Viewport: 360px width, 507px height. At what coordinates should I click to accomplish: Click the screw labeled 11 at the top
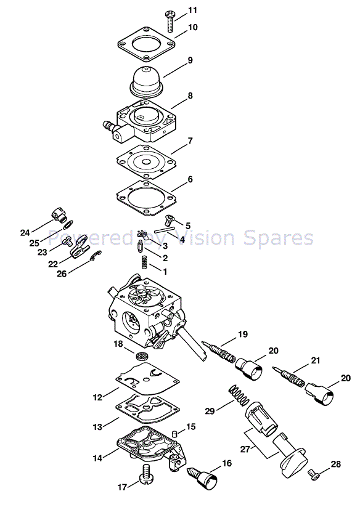pos(170,21)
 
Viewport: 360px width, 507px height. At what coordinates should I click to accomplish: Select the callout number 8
pos(190,95)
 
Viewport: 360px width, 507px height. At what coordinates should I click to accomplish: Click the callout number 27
pos(245,449)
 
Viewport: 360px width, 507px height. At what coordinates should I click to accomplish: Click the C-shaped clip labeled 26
pos(96,255)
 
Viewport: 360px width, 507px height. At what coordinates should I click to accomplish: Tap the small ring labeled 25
pos(68,224)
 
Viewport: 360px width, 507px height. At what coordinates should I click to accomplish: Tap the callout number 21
pos(316,360)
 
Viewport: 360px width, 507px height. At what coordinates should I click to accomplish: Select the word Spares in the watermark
pos(279,238)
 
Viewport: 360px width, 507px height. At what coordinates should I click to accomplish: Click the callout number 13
pos(97,427)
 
